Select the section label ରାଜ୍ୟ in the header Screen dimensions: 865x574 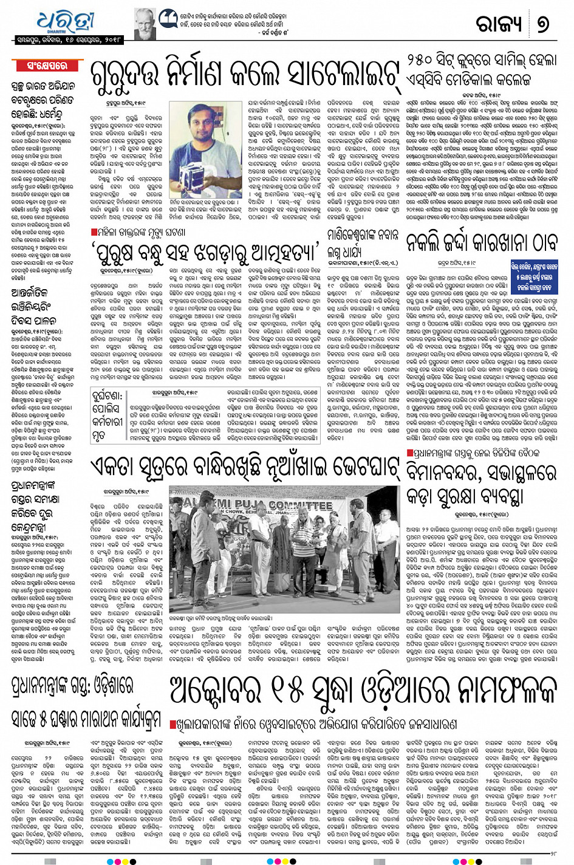499,24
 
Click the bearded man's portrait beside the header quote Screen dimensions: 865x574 145,24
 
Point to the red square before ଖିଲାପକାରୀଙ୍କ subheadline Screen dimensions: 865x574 173,725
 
